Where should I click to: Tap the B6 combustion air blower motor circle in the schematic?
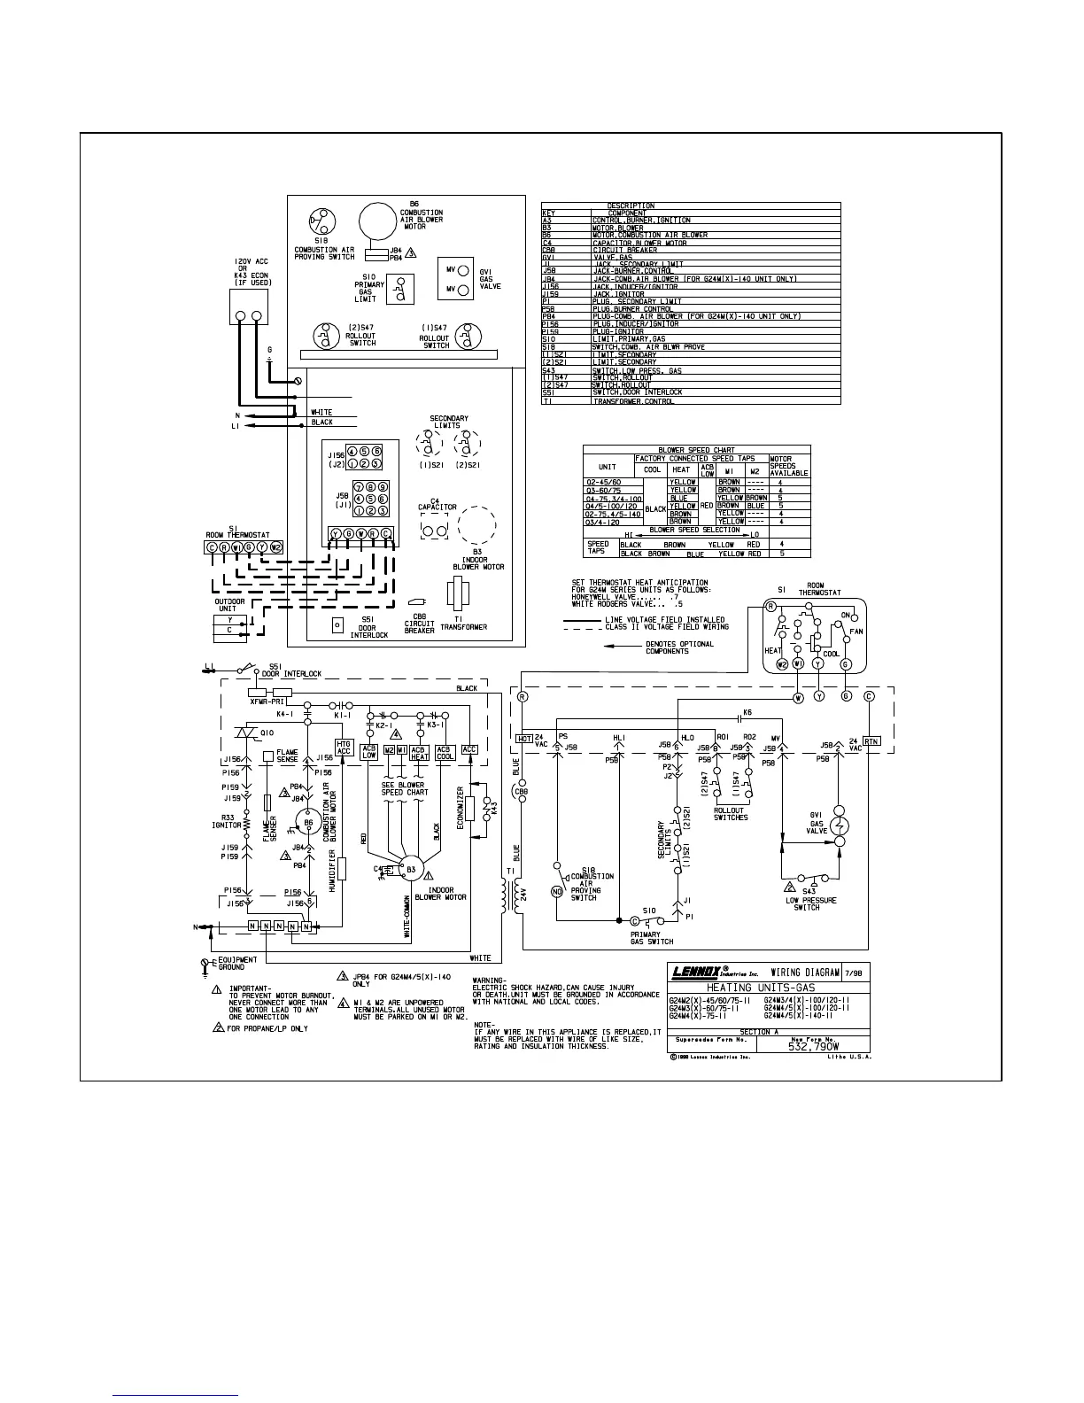tap(308, 823)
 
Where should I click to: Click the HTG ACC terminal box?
tap(344, 748)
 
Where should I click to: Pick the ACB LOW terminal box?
tap(369, 752)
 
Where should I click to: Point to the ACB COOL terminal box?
tap(445, 752)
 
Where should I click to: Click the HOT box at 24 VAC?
tap(523, 738)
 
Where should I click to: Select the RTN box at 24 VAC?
tap(871, 741)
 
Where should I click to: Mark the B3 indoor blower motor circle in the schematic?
tap(409, 870)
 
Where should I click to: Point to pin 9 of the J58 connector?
tap(383, 487)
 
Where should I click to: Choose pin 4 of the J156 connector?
tap(352, 451)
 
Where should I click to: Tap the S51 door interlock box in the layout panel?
tap(337, 624)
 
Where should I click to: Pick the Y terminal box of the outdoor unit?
tap(230, 619)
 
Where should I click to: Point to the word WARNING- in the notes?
tap(489, 980)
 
